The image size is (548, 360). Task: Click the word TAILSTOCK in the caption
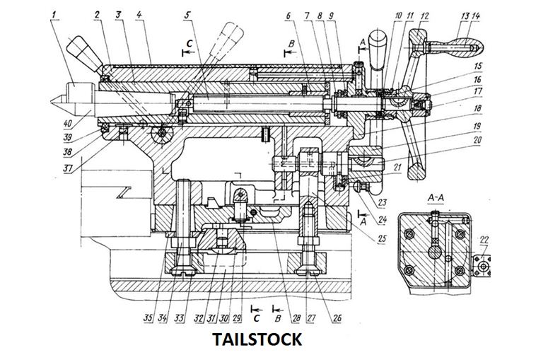(x=257, y=339)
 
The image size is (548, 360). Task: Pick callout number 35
(x=149, y=318)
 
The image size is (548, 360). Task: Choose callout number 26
(x=337, y=318)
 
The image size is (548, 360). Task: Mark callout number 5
(x=187, y=13)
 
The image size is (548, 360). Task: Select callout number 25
(x=383, y=238)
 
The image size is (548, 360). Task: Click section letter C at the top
(x=189, y=43)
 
